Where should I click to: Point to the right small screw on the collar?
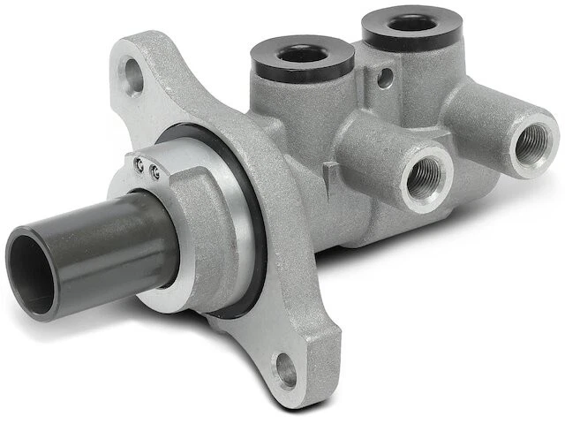click(x=155, y=172)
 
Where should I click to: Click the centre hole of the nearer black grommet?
click(x=302, y=52)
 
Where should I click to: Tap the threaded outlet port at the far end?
click(x=532, y=144)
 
